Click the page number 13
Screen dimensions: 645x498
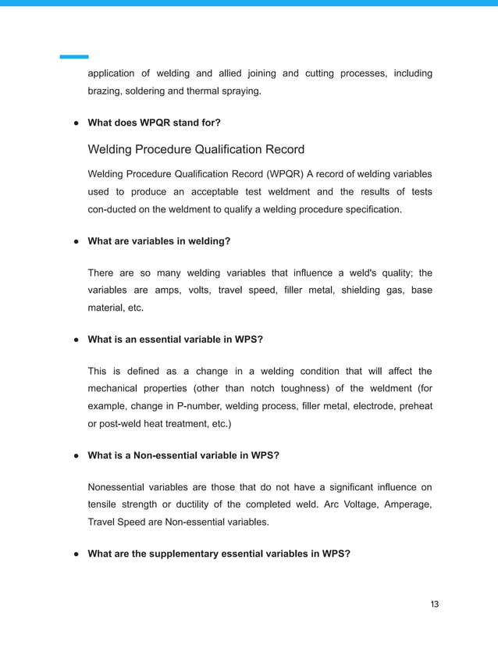(435, 604)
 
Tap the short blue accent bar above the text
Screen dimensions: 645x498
(74, 57)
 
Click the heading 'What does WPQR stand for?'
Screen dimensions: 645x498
(154, 123)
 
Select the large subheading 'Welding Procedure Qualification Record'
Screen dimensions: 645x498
(196, 149)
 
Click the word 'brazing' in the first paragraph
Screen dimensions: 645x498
(105, 91)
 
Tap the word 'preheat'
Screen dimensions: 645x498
(414, 406)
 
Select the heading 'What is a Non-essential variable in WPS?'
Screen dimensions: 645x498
(183, 454)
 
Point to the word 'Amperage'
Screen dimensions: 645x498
(404, 504)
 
